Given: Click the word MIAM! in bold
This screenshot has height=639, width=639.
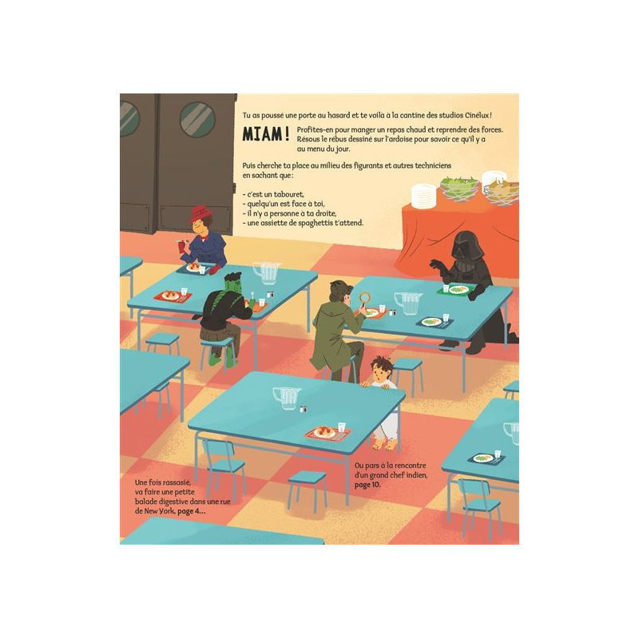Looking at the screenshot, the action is pos(266,134).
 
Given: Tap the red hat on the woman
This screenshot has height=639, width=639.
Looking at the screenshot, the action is pos(199,212).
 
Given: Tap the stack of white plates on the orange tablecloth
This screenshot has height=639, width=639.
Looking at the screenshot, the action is pos(424,196).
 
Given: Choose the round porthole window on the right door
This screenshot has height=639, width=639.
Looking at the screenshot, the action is pos(197,119).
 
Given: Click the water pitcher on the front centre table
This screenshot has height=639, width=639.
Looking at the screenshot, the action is pos(287,398).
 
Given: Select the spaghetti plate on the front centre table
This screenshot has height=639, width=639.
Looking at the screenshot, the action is pos(325,432).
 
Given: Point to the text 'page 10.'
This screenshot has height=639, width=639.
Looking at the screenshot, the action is pos(367,485).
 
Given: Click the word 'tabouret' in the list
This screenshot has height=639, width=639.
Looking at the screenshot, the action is pos(288,194).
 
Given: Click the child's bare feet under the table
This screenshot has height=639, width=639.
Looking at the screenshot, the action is pos(385,445).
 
